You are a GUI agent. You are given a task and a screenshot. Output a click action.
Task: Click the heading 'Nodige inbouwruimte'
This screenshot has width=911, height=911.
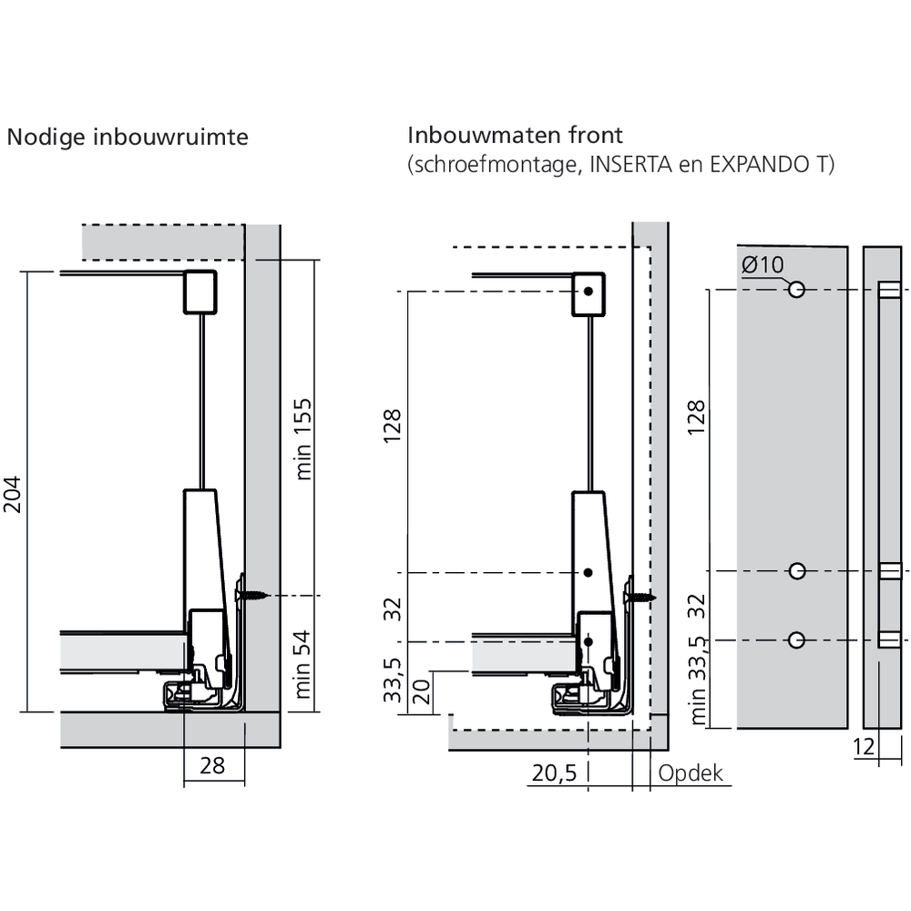coord(128,138)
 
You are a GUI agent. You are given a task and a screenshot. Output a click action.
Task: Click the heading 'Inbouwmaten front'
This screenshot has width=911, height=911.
coord(515,137)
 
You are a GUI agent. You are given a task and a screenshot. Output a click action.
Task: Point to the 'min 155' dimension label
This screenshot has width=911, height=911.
coord(304,438)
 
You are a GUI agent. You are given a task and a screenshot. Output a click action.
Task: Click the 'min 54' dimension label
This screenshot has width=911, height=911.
coord(304,662)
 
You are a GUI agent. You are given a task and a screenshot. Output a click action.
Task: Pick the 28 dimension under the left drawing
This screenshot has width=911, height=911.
coord(212,765)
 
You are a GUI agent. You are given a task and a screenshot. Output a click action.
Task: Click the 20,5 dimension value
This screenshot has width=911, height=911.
coord(554,773)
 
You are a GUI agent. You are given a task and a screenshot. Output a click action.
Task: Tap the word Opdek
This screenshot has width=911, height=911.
coord(690,773)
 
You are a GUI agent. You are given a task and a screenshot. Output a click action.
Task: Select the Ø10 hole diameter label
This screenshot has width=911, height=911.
coord(763,265)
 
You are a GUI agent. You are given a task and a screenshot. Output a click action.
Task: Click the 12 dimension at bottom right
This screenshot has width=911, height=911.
coord(865,747)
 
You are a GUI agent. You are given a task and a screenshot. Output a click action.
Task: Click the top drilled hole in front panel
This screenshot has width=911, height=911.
coord(797,290)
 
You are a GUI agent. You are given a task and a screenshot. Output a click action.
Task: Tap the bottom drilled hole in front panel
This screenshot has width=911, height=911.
coord(797,640)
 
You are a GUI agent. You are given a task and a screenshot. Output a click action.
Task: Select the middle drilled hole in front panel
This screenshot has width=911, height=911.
coord(797,571)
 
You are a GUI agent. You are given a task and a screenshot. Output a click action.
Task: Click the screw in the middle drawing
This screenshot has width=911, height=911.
coord(640,597)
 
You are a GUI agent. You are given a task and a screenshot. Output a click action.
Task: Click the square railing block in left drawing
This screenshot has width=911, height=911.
coord(200,292)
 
